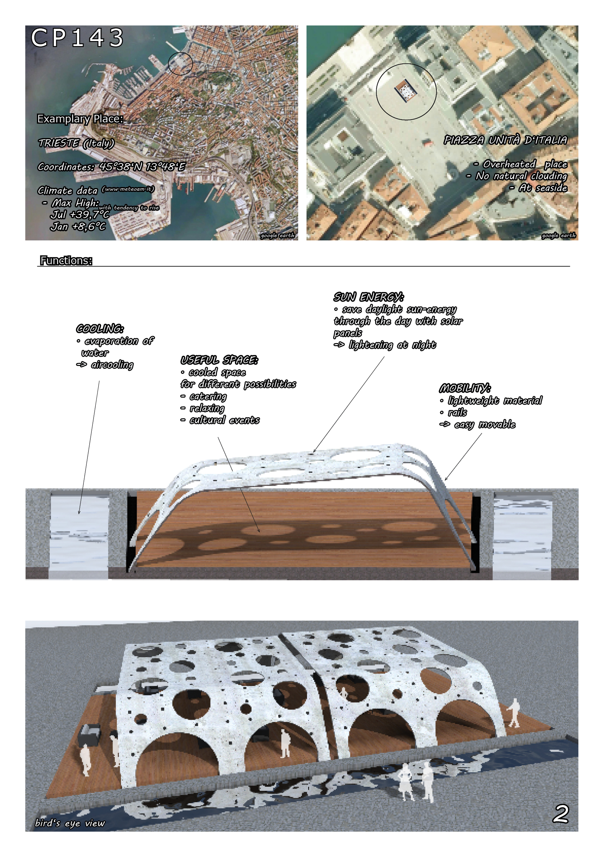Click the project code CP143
coord(77,38)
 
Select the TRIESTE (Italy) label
coord(76,143)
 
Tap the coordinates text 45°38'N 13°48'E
coord(143,167)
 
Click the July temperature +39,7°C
coord(80,215)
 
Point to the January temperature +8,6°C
coord(78,227)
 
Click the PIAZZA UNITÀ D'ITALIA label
coord(505,140)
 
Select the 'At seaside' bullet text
coord(543,188)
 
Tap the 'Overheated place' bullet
coord(525,164)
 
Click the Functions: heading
coord(66,261)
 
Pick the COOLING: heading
coord(100,329)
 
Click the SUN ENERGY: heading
coord(368,297)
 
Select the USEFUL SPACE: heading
coord(219,360)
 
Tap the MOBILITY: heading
coord(465,389)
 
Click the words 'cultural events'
coord(224,420)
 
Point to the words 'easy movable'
coord(485,425)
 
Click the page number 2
coord(560,813)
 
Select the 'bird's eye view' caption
coord(70,823)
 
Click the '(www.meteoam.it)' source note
coord(128,189)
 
